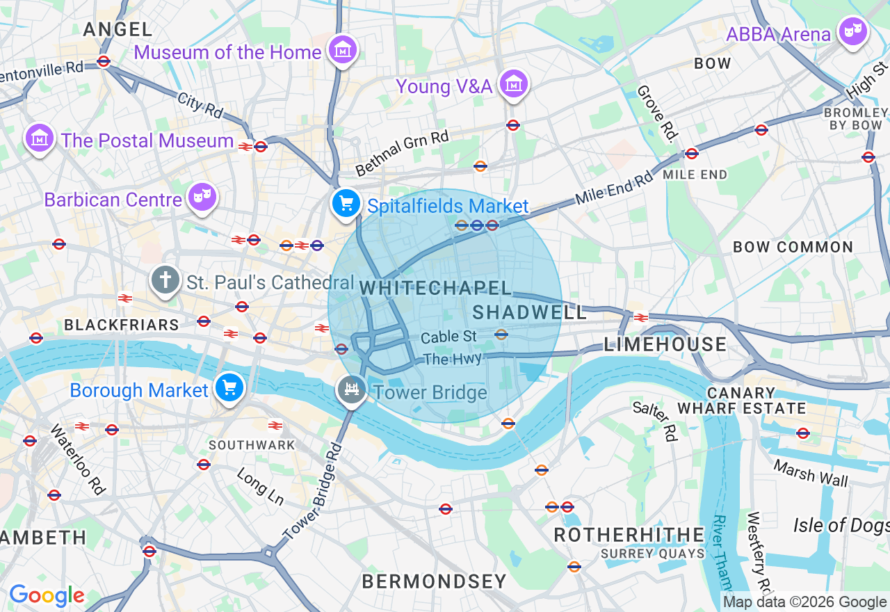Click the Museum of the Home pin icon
click(x=343, y=50)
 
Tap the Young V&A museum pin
click(x=514, y=85)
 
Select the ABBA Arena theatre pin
click(x=853, y=32)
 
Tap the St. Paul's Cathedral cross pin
click(x=165, y=281)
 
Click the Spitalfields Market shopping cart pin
click(x=346, y=204)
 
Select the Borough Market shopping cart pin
click(x=229, y=388)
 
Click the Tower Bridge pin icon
click(x=352, y=390)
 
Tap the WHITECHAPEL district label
click(x=435, y=288)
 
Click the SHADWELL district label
click(x=530, y=312)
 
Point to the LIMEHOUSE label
click(x=665, y=344)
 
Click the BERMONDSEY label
click(x=435, y=581)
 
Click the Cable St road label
click(x=449, y=337)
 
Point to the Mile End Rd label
click(x=614, y=188)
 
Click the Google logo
click(x=47, y=596)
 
